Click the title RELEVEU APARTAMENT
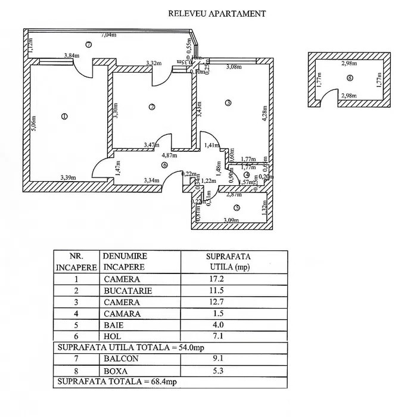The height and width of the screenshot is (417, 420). (x=217, y=13)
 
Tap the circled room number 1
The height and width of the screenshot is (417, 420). (x=64, y=116)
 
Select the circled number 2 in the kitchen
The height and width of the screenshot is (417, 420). (x=152, y=107)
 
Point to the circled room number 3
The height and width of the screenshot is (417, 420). (x=228, y=103)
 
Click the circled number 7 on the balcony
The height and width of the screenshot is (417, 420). (x=88, y=44)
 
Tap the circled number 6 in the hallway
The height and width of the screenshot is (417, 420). (x=164, y=166)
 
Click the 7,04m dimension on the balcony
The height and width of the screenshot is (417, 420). (x=108, y=35)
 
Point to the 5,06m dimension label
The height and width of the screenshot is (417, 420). (x=35, y=123)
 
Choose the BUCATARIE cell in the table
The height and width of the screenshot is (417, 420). (x=127, y=291)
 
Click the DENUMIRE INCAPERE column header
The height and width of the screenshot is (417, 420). (x=125, y=261)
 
